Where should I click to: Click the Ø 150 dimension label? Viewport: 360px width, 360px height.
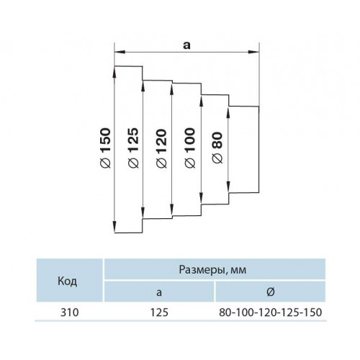point(105,148)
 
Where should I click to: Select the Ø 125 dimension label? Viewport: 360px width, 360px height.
point(134,148)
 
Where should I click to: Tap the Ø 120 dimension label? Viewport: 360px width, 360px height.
point(161,148)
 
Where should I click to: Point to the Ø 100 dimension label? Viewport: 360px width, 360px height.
point(190,148)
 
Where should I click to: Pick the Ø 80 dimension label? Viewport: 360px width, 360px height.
point(217,148)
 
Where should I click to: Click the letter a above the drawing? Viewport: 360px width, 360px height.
point(186,45)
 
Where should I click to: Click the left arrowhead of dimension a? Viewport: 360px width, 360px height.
point(120,52)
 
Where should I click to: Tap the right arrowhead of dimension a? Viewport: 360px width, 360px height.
point(254,52)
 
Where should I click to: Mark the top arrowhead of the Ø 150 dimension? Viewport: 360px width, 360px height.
point(115,71)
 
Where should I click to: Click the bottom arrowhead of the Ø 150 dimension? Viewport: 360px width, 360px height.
point(115,228)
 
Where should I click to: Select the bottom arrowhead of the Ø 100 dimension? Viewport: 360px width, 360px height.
point(201,199)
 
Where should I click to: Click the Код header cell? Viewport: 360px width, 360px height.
point(68,281)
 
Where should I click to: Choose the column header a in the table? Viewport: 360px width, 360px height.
point(159,292)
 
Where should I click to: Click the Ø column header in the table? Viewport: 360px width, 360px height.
point(271,292)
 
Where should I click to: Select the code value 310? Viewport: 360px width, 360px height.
point(69,312)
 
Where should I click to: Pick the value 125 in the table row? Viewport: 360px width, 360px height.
point(159,312)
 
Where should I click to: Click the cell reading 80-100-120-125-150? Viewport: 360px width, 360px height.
point(270,312)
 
